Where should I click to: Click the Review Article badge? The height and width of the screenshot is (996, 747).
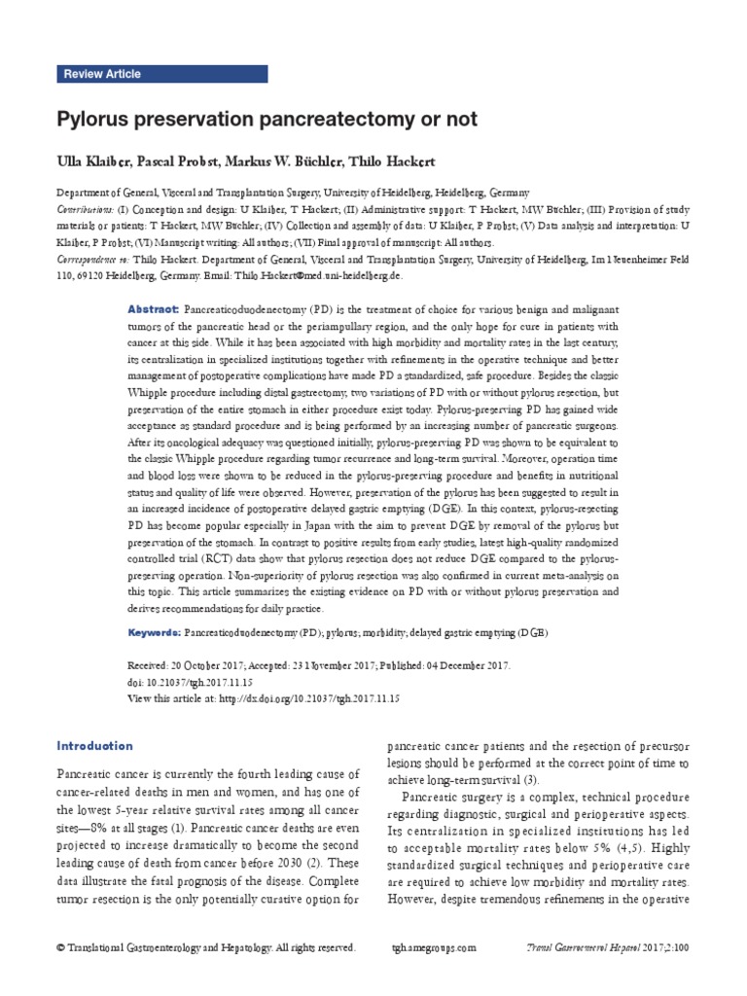pos(102,74)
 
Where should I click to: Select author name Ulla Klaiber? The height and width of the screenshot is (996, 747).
pos(93,160)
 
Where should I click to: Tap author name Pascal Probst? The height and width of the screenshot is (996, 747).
pos(181,160)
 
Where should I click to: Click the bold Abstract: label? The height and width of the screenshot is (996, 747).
pos(154,307)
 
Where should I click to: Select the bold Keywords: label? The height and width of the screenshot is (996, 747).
pos(157,632)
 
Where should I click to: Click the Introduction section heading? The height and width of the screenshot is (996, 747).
pos(94,746)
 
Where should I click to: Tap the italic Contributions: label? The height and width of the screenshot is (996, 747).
pos(85,210)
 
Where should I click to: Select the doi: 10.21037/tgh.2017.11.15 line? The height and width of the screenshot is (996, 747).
pos(191,685)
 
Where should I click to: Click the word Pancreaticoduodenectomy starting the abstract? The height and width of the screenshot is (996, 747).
pos(240,307)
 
